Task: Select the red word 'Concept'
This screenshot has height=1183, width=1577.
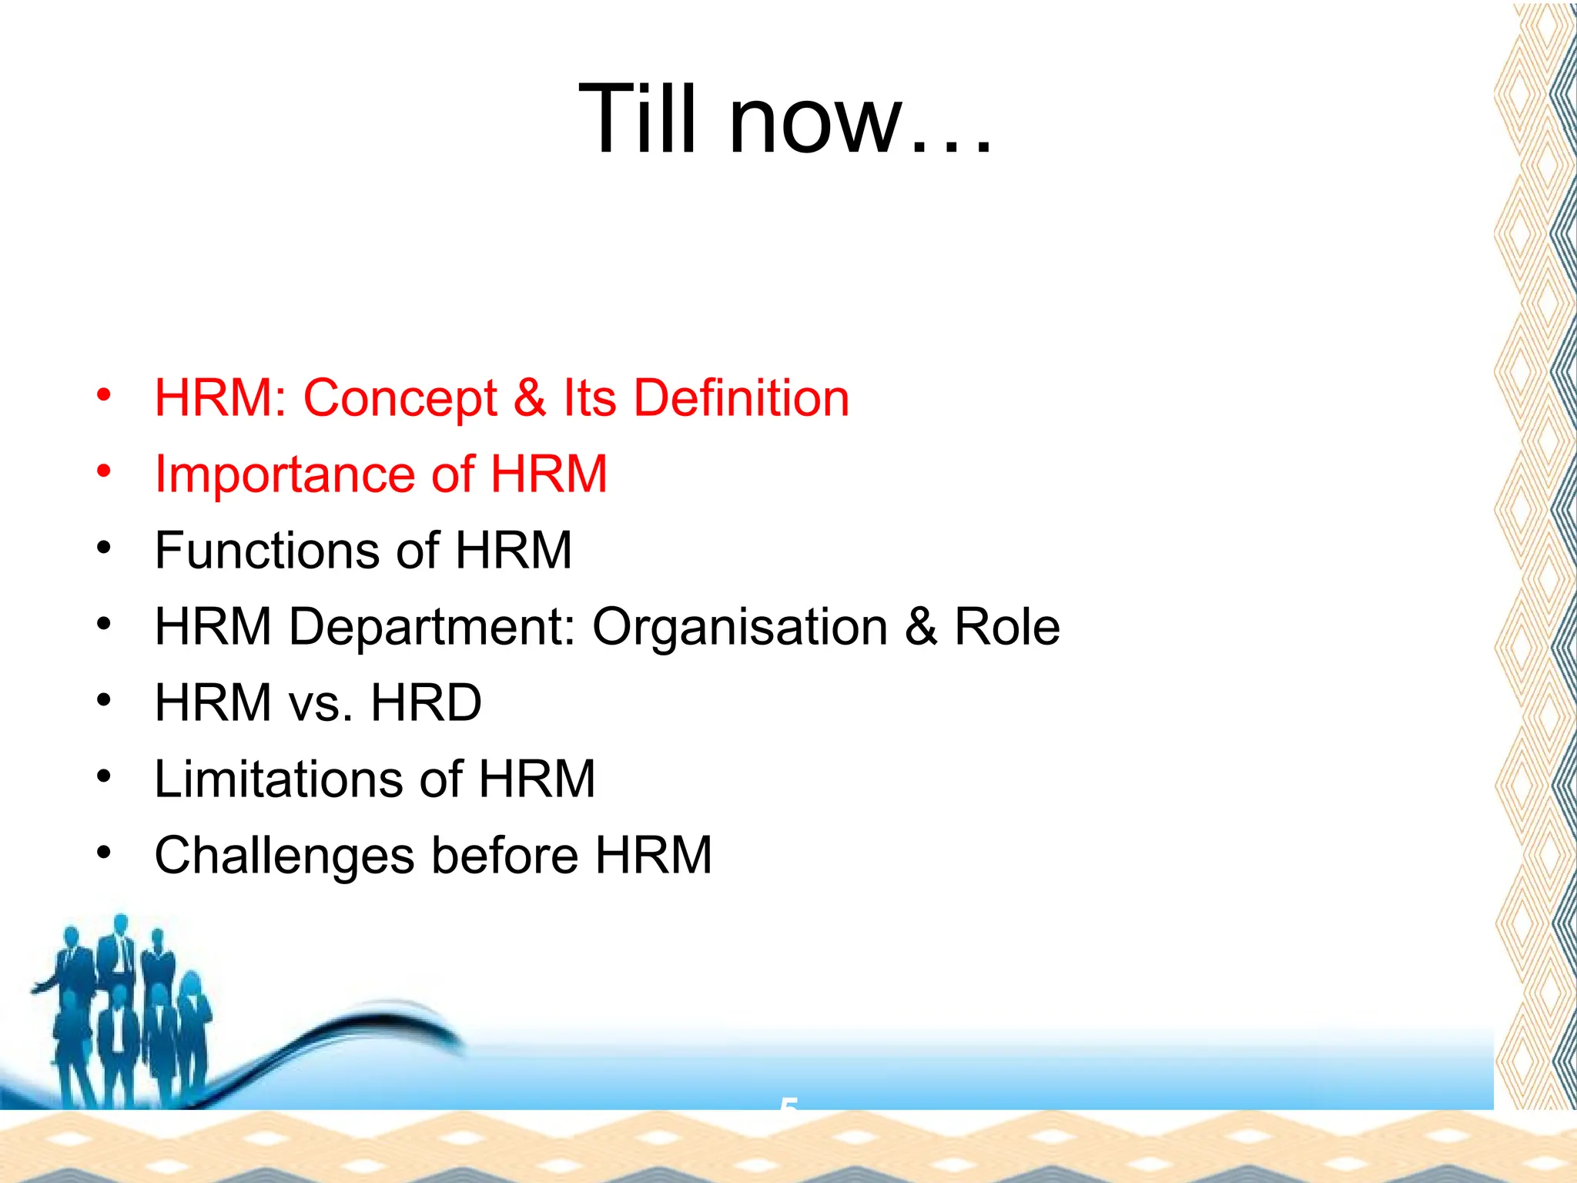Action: (x=400, y=399)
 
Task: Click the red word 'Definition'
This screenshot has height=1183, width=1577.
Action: (x=741, y=398)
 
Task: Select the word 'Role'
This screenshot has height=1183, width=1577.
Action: (x=1006, y=626)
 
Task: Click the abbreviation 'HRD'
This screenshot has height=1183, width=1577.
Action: (x=426, y=702)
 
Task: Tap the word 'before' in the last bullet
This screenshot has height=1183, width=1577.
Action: (x=504, y=855)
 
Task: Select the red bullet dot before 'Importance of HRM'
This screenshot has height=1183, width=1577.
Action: (x=104, y=471)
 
